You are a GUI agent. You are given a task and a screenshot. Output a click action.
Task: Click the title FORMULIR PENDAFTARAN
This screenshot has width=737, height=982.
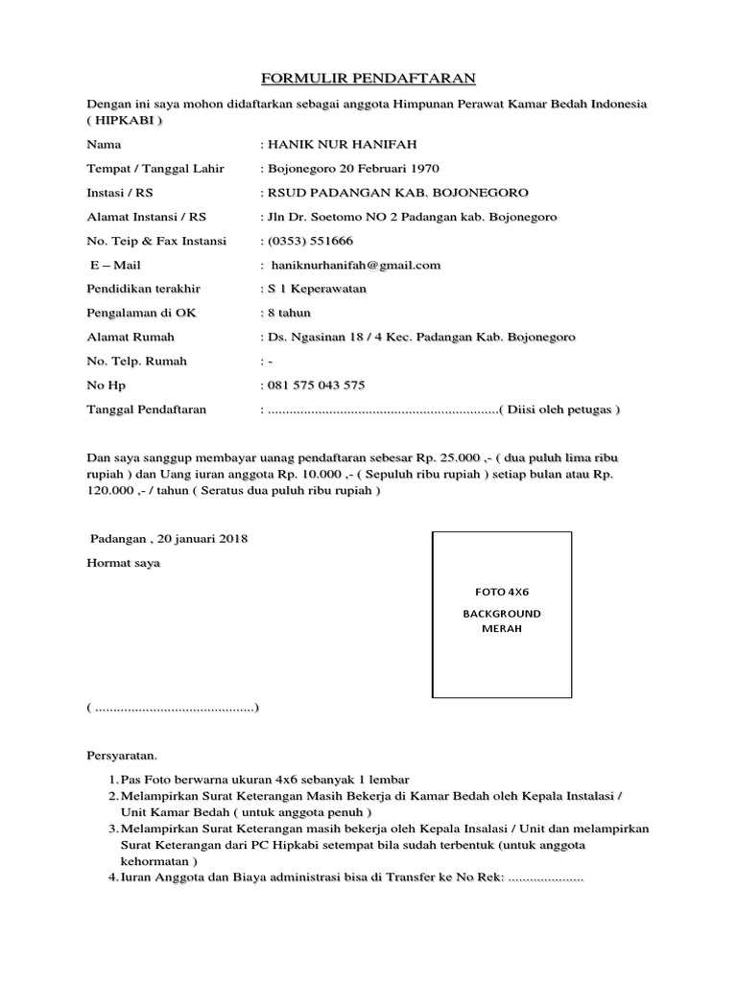pos(369,79)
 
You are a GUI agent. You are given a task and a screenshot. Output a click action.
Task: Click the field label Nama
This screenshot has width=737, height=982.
pos(104,144)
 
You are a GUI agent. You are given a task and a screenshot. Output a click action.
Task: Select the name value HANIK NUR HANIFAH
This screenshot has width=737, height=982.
pos(337,144)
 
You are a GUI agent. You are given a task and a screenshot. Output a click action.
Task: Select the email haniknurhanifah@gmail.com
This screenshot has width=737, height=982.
pos(354,265)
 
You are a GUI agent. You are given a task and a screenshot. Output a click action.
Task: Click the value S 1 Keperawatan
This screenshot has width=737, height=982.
pos(317,289)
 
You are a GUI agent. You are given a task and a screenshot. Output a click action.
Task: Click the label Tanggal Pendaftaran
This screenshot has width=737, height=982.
pos(146,409)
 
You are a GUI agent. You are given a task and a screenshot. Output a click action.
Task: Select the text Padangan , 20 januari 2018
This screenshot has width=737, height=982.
pos(169,539)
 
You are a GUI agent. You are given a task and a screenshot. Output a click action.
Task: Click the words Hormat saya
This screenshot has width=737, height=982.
pos(124,563)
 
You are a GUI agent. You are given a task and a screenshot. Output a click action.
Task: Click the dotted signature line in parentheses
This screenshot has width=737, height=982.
pos(173,708)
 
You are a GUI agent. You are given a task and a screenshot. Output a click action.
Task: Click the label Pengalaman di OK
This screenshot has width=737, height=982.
pos(140,313)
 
